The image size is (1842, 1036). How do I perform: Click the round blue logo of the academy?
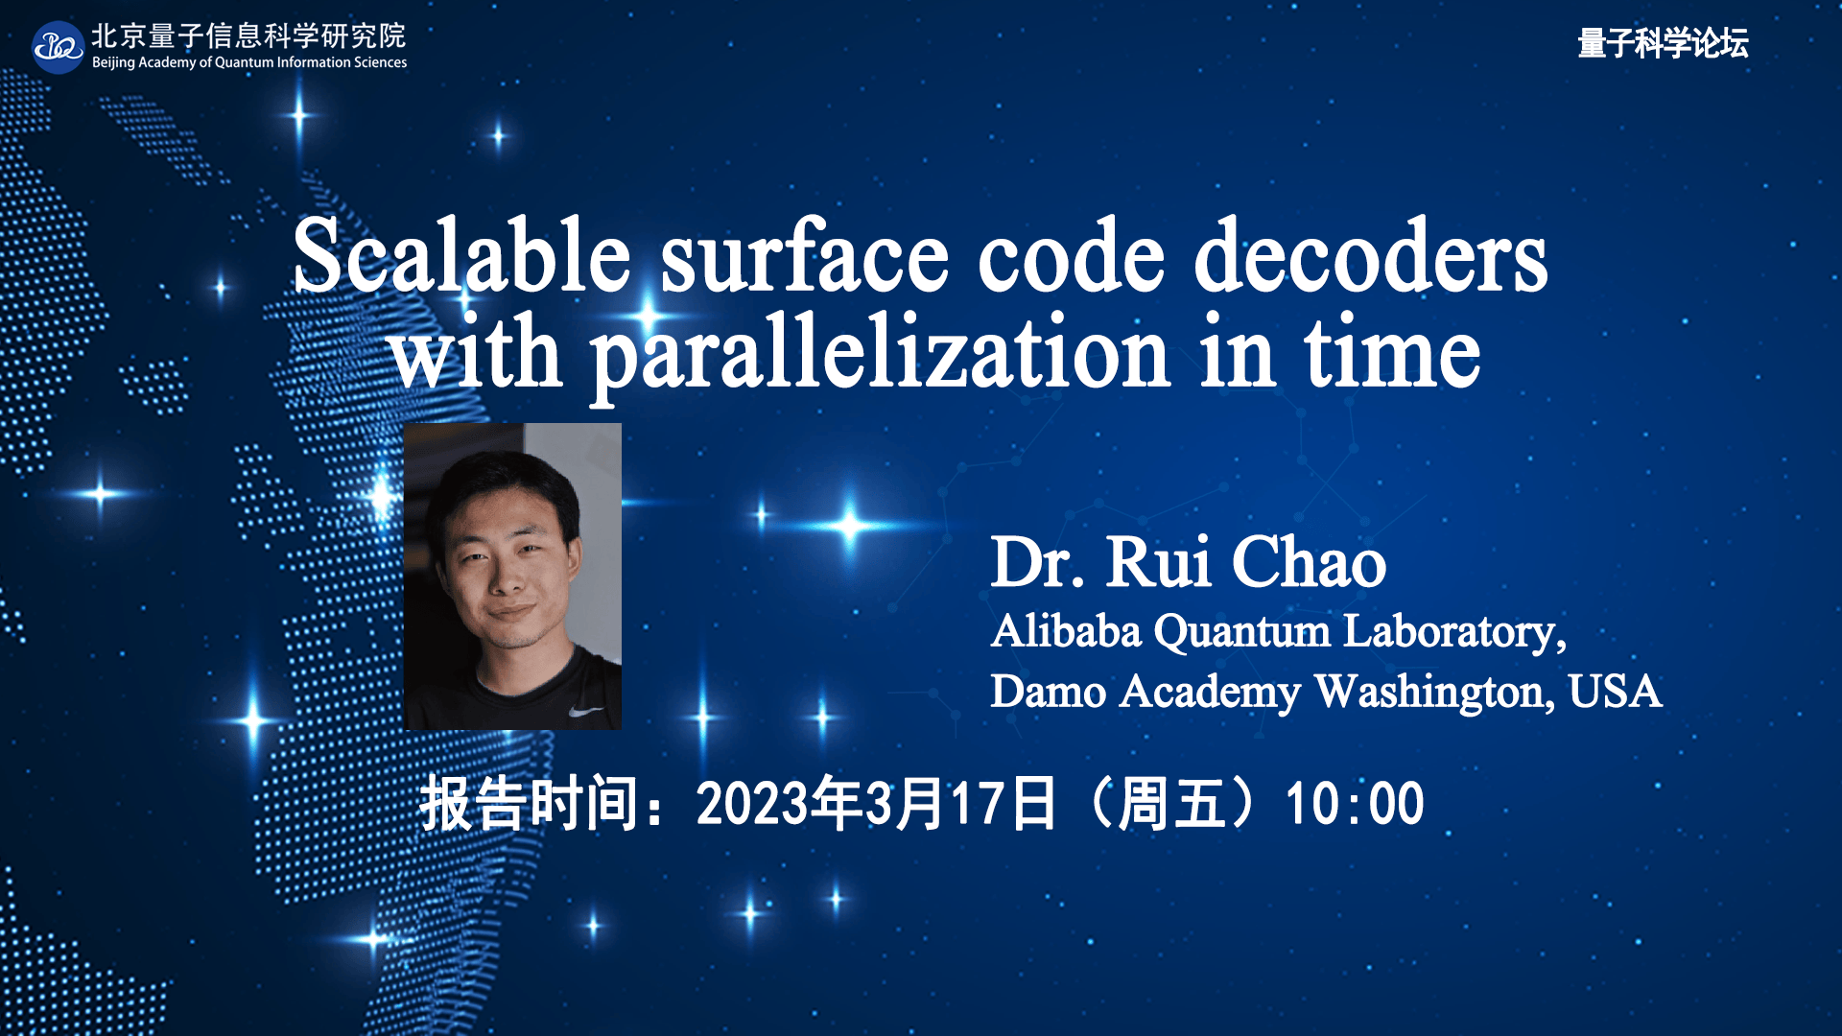(58, 47)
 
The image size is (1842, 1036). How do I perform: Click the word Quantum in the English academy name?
(244, 63)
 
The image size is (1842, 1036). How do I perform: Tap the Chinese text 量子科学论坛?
(1663, 43)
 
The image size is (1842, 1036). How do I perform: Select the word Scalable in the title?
(461, 256)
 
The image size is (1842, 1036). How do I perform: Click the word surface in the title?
(804, 256)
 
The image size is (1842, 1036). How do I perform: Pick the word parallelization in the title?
(879, 355)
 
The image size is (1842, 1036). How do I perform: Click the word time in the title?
(1391, 355)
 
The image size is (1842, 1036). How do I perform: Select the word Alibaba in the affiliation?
(1066, 632)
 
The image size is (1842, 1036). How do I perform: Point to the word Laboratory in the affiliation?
(1453, 632)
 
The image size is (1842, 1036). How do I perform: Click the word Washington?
(1434, 693)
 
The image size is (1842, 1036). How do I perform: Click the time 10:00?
(1354, 804)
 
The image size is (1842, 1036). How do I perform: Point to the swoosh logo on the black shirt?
(585, 711)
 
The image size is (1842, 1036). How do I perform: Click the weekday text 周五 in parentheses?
(1172, 804)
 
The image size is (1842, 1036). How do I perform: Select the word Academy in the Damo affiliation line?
(1210, 693)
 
